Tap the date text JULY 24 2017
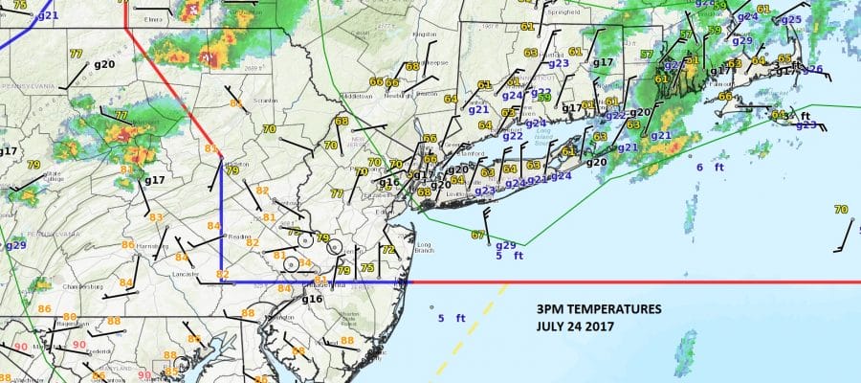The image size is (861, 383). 573,327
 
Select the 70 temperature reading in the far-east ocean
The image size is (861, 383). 841,210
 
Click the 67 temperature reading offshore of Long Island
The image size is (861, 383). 478,235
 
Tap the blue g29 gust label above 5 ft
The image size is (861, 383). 507,245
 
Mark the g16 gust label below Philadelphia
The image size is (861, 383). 313,300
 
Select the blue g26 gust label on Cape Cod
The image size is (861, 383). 812,69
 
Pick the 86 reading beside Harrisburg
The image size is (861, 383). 127,245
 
